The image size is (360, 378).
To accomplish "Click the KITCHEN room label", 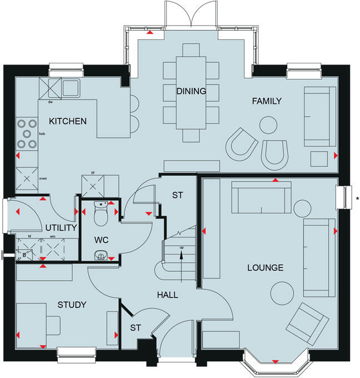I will coord(68,121).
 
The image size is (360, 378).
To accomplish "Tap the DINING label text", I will coord(191,91).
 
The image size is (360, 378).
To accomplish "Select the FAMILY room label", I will coord(267,101).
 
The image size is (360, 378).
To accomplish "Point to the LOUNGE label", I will coord(265,268).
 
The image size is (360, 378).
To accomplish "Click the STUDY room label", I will coord(72,305).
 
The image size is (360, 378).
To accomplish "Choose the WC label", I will coord(101,240).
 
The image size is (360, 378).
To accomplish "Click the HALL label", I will coord(167,295).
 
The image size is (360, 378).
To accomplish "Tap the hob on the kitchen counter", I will coord(27,133).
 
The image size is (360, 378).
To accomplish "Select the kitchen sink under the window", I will coord(71,88).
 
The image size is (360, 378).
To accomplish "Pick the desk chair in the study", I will coord(54,324).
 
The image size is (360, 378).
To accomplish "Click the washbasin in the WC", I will coord(100,255).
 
